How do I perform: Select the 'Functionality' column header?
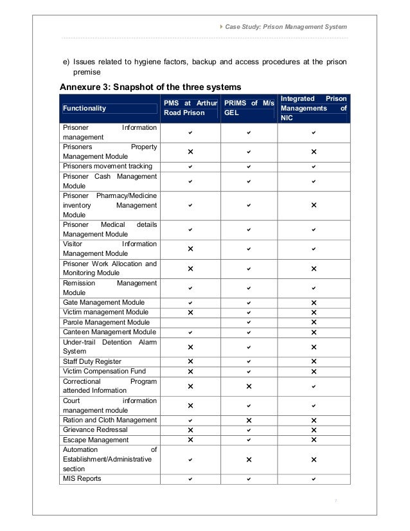pos(85,109)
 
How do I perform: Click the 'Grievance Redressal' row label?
pos(91,429)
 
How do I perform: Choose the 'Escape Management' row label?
pos(90,439)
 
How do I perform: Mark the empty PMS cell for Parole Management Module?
pos(190,321)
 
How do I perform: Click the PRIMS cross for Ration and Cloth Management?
pos(249,420)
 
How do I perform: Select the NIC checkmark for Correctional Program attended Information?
pos(313,386)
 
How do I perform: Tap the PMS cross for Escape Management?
pos(190,440)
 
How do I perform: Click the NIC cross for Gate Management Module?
pos(313,303)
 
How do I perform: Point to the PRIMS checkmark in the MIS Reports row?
pos(249,479)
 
